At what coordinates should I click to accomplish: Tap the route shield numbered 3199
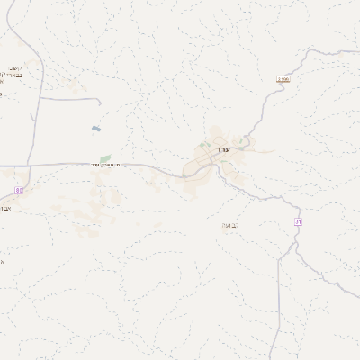283,80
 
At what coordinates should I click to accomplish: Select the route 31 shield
298,221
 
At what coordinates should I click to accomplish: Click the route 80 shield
19,190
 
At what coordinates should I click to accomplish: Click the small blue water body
95,129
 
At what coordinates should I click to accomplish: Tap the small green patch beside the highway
105,158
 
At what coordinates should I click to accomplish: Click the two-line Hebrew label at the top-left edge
13,75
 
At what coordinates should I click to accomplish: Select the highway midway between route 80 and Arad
108,165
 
